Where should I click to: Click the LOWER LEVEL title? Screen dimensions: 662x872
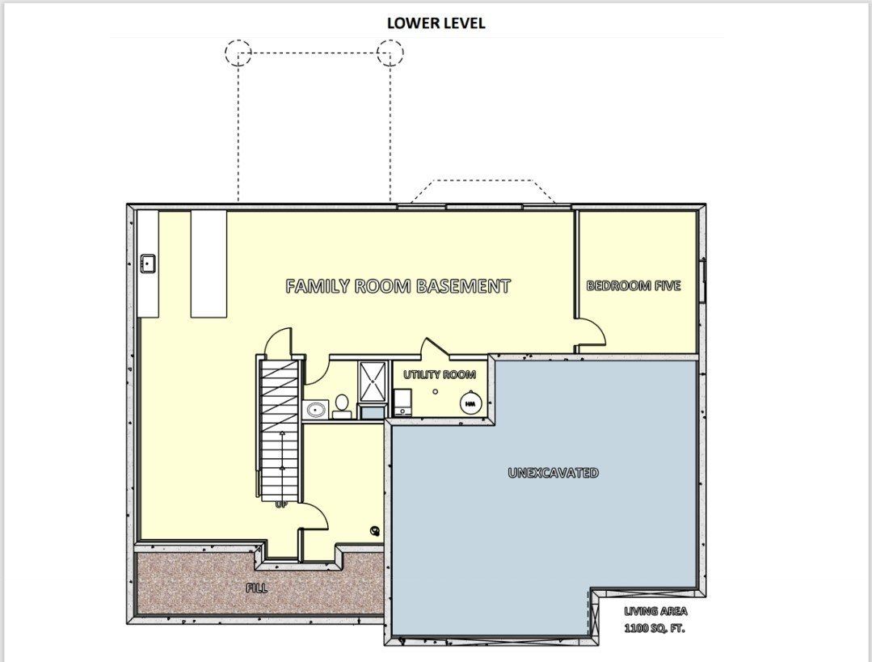436,23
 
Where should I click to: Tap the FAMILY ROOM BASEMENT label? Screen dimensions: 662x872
398,286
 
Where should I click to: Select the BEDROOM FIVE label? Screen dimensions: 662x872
634,286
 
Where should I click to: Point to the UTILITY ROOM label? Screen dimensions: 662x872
440,375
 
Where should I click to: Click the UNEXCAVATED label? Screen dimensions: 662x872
554,473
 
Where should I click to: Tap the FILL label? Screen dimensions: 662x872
257,588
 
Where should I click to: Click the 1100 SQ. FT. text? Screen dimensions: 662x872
654,628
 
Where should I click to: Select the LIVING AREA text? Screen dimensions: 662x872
655,612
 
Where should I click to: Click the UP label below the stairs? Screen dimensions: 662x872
281,504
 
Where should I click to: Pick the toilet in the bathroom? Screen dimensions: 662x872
341,405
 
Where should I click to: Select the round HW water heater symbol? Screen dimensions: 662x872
470,403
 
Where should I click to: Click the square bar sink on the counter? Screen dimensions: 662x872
148,264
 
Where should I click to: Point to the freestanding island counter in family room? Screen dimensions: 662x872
209,264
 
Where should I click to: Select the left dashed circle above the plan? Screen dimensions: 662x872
238,53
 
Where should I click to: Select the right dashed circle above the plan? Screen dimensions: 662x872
390,53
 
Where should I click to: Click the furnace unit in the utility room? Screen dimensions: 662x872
402,401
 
